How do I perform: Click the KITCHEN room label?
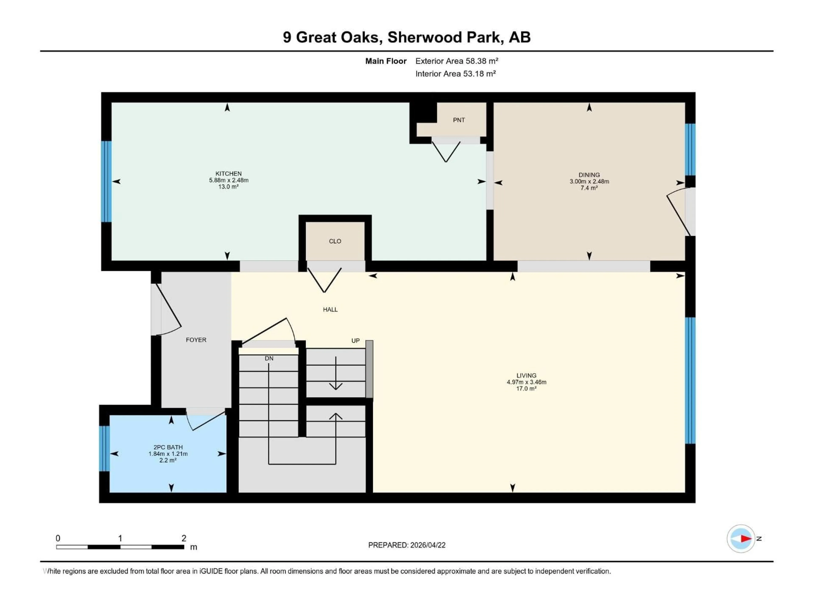[229, 174]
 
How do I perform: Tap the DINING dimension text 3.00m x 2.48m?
[589, 181]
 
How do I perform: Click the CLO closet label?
[335, 241]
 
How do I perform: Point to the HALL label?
[330, 309]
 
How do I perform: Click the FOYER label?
[196, 340]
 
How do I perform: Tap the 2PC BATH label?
[168, 447]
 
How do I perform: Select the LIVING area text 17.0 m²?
[526, 388]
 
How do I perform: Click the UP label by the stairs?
[355, 341]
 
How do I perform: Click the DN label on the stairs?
[269, 358]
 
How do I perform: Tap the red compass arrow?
[746, 538]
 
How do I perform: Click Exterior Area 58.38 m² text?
[456, 61]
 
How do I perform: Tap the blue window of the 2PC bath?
[104, 448]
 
